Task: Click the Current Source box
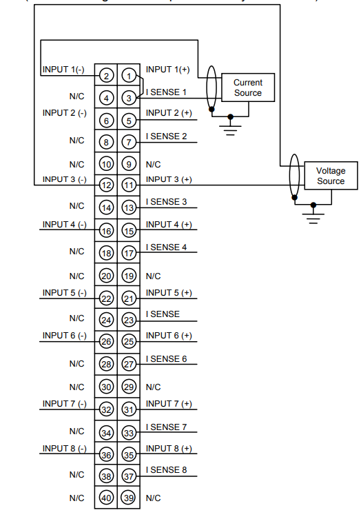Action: pos(247,88)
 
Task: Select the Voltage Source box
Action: pos(330,176)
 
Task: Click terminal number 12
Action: pos(106,185)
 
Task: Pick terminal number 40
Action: pos(106,498)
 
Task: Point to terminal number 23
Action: pos(129,320)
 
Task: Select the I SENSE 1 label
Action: pos(166,92)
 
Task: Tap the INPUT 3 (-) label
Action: pos(64,179)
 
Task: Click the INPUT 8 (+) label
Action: pos(169,449)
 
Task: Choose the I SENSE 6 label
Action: pos(166,358)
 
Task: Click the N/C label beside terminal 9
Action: pos(153,165)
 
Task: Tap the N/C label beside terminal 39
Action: pos(153,498)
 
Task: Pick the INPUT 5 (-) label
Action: pos(64,293)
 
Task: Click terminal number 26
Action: pos(106,341)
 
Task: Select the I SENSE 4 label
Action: pos(166,247)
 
